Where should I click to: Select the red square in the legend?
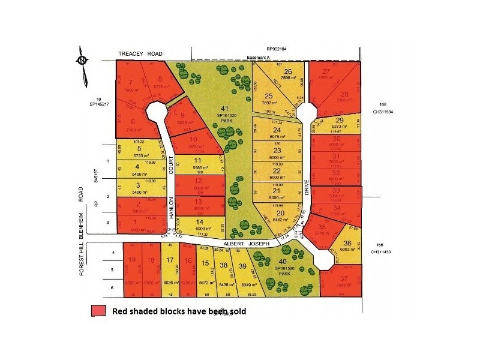[98, 311]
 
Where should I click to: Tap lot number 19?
[132, 260]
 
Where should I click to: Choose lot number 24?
[277, 129]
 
